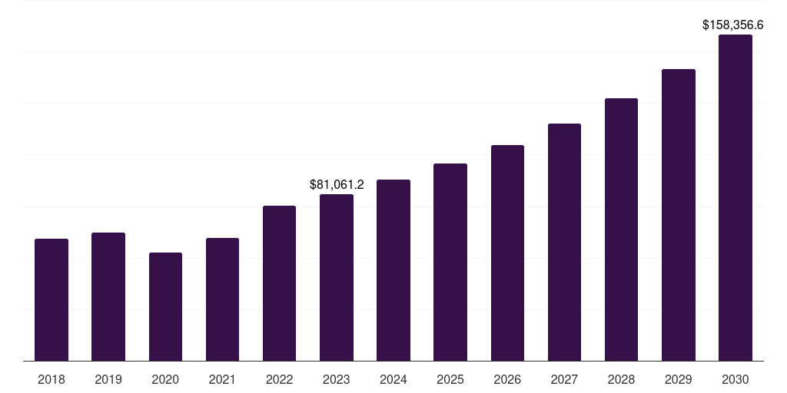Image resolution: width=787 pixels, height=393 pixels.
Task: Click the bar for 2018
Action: (51, 299)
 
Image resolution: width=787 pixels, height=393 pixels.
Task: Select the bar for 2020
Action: (165, 306)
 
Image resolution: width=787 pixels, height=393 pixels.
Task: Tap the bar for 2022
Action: (279, 283)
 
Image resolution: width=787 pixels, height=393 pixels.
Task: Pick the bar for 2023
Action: (337, 277)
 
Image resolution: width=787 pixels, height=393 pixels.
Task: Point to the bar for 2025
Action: (450, 262)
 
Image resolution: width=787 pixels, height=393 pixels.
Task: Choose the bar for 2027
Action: (564, 242)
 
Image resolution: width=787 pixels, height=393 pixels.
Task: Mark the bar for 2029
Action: (679, 215)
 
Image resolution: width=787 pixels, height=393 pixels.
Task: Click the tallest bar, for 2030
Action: (736, 197)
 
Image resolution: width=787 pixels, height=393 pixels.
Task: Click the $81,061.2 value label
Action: (337, 184)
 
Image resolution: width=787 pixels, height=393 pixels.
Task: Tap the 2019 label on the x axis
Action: (108, 379)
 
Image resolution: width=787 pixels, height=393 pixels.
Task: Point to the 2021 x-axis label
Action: (222, 379)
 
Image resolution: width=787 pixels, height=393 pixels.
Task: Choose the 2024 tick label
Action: (393, 379)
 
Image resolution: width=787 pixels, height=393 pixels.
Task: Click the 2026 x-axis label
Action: (507, 379)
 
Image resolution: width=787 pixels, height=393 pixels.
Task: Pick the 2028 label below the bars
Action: (621, 379)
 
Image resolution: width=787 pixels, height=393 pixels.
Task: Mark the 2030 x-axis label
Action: (736, 379)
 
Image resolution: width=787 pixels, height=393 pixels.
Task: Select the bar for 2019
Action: (108, 296)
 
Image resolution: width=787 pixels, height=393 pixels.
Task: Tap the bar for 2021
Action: (222, 299)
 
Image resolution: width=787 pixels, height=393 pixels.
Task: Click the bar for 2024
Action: (393, 270)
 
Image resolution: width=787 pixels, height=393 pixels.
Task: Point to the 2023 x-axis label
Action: (337, 379)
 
